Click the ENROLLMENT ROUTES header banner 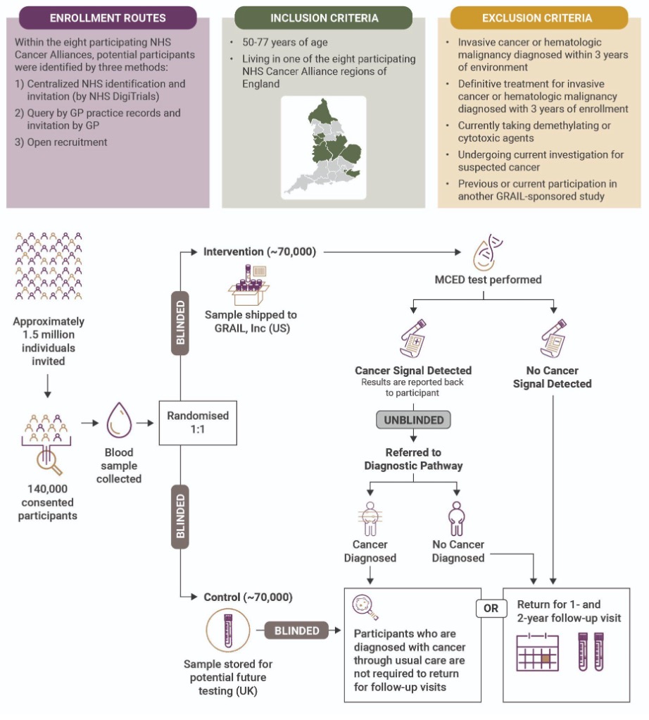coord(108,18)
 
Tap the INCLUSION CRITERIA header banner coord(323,18)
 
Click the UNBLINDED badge coord(413,420)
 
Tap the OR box coord(491,607)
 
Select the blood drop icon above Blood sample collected coord(119,423)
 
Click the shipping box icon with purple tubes coord(249,285)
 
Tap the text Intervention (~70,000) coord(259,251)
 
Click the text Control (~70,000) coord(248,597)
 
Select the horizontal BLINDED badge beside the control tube coord(296,631)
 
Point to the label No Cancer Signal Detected coord(552,377)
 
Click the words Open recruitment coord(67,142)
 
